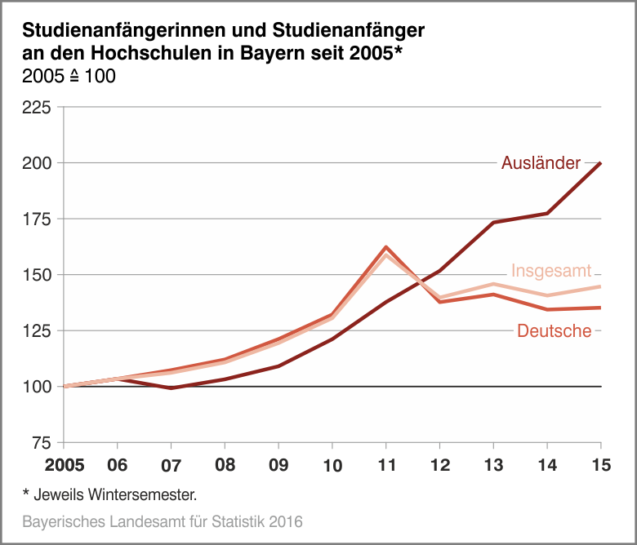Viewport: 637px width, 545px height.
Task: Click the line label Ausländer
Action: [541, 162]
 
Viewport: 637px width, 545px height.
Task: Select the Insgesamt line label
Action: [551, 271]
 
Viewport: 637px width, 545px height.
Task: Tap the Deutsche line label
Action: [554, 330]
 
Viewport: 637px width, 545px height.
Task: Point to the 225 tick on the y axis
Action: [38, 108]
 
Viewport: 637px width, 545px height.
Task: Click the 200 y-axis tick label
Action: [38, 163]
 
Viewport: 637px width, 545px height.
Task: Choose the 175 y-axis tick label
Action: [38, 219]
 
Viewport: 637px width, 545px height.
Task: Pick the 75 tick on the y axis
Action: [42, 443]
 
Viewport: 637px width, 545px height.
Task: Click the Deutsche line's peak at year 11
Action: [385, 246]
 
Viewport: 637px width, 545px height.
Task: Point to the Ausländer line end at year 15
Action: [601, 163]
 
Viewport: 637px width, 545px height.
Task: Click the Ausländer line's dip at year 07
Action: [171, 388]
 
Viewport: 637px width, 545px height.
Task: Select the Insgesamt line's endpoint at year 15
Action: [601, 286]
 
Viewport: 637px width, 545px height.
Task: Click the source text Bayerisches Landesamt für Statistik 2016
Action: [163, 521]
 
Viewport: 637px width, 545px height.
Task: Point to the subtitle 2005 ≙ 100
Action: [69, 77]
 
